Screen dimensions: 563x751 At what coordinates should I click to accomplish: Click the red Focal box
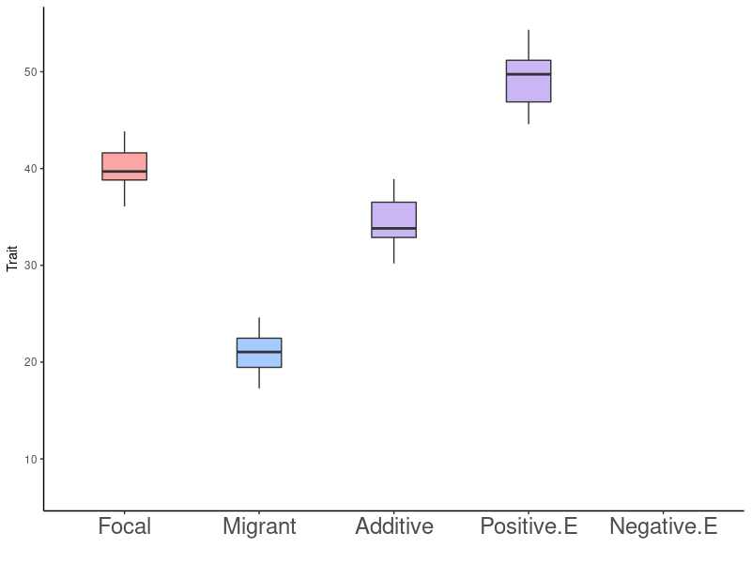(x=124, y=161)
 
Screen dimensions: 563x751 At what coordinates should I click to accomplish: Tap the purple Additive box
(x=393, y=215)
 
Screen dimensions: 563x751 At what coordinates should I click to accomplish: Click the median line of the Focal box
(x=124, y=172)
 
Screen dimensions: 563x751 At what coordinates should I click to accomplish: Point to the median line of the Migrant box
(x=259, y=352)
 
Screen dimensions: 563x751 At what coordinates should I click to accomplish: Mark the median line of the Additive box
(x=393, y=228)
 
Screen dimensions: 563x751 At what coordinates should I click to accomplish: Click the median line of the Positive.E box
(x=529, y=74)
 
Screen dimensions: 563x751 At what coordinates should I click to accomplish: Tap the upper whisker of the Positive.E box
(x=529, y=45)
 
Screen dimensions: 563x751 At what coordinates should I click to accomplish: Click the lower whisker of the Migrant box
(x=259, y=377)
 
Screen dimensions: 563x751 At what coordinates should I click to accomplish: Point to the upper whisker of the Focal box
(x=124, y=142)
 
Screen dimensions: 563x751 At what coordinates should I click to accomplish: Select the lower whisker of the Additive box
(x=393, y=250)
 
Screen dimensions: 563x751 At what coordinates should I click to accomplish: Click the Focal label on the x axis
(x=124, y=526)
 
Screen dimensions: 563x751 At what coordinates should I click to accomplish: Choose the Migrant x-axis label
(x=259, y=526)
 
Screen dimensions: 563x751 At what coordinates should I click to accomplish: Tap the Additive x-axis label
(x=394, y=526)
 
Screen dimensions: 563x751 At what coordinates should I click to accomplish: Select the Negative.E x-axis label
(x=664, y=526)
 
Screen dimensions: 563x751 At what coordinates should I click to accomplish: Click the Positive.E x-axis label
(x=529, y=526)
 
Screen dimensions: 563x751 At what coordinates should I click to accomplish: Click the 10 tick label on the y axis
(x=30, y=459)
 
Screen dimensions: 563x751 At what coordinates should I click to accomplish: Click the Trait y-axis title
(x=12, y=258)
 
